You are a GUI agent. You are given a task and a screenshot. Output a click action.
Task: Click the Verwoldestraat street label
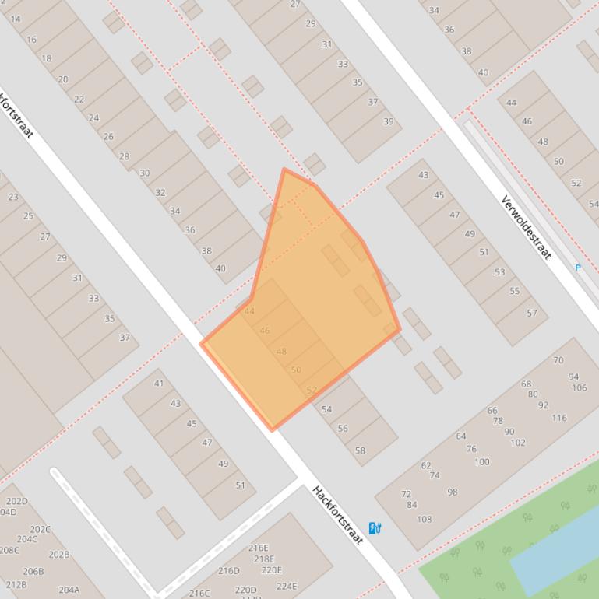click(527, 228)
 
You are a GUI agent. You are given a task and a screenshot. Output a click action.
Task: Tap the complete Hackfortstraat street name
click(338, 514)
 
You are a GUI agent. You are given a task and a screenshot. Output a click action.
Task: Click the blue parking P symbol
click(578, 268)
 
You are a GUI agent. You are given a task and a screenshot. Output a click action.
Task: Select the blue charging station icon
click(375, 528)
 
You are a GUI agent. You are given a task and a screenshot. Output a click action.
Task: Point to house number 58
click(360, 450)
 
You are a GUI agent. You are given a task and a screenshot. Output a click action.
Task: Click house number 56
click(343, 429)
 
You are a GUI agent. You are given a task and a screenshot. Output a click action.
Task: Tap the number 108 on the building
click(424, 520)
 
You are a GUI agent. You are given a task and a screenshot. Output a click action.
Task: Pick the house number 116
click(559, 418)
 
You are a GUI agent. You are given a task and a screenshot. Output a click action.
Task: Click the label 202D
click(16, 502)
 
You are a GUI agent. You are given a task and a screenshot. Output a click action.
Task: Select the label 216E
click(259, 548)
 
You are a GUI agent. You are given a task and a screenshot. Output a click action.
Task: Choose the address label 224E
click(287, 587)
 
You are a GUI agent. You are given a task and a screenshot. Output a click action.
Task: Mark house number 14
click(16, 19)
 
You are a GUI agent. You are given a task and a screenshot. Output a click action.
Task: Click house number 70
click(558, 360)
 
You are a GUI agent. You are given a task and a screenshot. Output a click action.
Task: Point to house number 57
click(531, 314)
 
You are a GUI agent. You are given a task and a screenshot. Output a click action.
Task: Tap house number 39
click(388, 121)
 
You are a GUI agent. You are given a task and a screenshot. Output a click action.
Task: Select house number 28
click(124, 156)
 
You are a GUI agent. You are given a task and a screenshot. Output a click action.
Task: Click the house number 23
click(13, 197)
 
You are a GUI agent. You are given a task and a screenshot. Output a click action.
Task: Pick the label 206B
click(33, 571)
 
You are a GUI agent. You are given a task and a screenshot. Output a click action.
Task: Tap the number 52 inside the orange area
click(312, 391)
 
